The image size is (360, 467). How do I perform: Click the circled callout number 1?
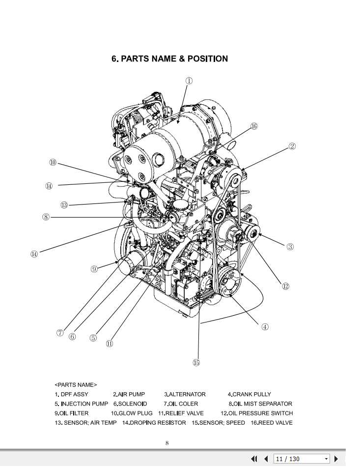pyautogui.click(x=189, y=81)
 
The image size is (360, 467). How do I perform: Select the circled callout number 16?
pyautogui.click(x=254, y=126)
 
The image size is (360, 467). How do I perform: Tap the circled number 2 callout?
pyautogui.click(x=292, y=146)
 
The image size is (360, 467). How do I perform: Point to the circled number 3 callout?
pyautogui.click(x=290, y=247)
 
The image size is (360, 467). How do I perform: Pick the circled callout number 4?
pyautogui.click(x=265, y=327)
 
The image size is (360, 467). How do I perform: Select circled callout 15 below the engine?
pyautogui.click(x=196, y=363)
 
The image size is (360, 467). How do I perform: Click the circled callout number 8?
pyautogui.click(x=46, y=216)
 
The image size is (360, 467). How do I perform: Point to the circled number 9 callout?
pyautogui.click(x=94, y=268)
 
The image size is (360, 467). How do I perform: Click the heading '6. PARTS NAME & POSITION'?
pyautogui.click(x=169, y=59)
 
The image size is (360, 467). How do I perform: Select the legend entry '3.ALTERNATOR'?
pyautogui.click(x=185, y=394)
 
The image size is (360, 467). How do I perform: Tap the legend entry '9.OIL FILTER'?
pyautogui.click(x=72, y=413)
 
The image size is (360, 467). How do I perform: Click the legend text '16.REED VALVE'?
pyautogui.click(x=271, y=423)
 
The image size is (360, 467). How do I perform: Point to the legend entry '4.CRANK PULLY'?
pyautogui.click(x=249, y=394)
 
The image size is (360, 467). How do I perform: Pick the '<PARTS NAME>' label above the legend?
pyautogui.click(x=76, y=384)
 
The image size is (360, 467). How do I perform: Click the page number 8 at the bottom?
pyautogui.click(x=167, y=443)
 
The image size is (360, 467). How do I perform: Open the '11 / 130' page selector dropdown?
pyautogui.click(x=326, y=459)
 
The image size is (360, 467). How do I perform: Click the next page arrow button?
pyautogui.click(x=336, y=459)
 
